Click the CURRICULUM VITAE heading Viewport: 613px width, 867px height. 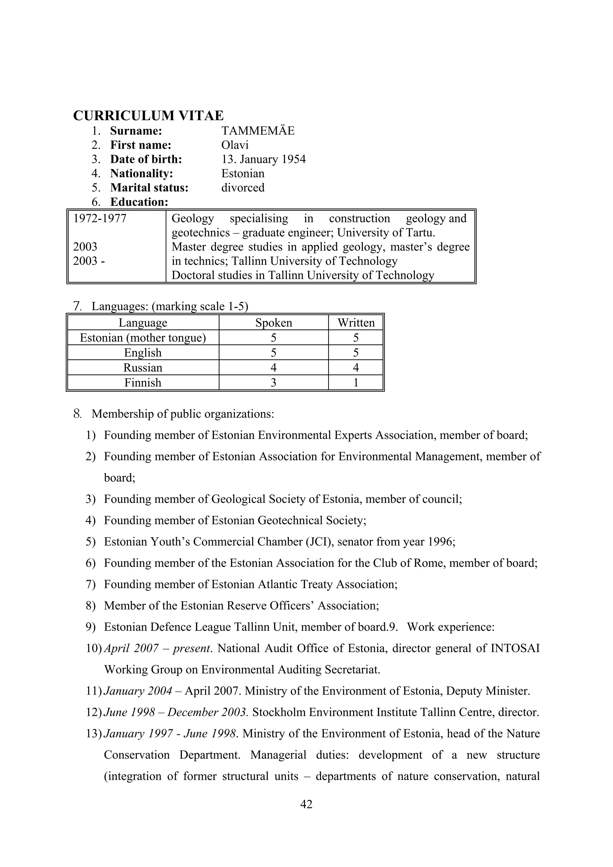148,116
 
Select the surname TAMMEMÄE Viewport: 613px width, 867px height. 258,131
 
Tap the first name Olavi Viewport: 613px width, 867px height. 235,145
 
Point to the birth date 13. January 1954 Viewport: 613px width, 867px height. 263,159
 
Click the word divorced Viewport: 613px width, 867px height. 242,188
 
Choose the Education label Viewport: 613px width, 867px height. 139,202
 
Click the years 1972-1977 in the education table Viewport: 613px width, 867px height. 100,219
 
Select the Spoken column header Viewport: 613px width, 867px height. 274,323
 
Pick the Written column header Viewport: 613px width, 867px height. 356,323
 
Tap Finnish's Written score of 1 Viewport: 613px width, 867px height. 356,382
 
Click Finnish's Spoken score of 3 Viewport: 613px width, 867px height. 274,382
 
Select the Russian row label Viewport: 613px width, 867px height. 143,368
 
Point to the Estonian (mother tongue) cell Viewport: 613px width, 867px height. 143,338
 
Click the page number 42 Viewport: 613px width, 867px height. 306,804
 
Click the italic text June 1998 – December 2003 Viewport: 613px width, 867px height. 175,712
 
